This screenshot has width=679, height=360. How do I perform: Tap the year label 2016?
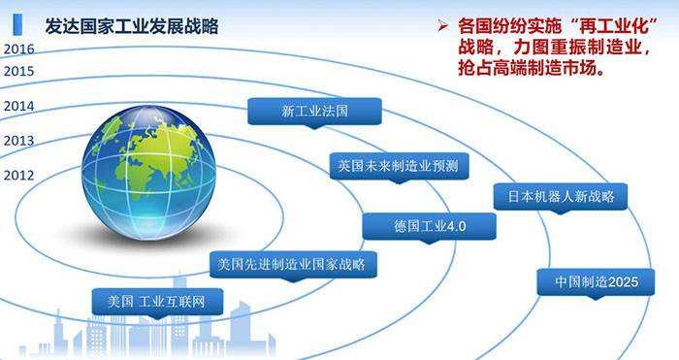pyautogui.click(x=18, y=49)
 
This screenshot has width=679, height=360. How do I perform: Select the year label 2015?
pyautogui.click(x=18, y=71)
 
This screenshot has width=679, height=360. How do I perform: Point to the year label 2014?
pyautogui.click(x=18, y=106)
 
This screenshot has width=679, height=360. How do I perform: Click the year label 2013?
pyautogui.click(x=18, y=141)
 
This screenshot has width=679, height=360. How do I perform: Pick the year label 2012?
pyautogui.click(x=18, y=176)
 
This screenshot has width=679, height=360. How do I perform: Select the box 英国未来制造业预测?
pyautogui.click(x=397, y=166)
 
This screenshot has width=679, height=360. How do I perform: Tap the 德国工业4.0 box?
pyautogui.click(x=430, y=226)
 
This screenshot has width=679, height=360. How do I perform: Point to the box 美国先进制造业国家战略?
pyautogui.click(x=293, y=263)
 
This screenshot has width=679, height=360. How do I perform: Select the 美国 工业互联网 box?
pyautogui.click(x=157, y=301)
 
